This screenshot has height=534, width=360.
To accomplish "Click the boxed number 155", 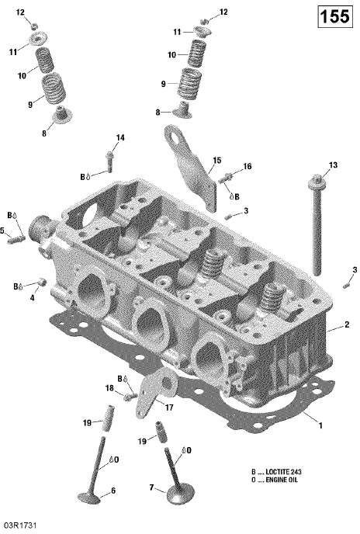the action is tap(334, 16).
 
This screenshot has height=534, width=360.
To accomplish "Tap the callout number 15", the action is tap(217, 161).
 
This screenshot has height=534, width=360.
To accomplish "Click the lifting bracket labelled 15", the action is tap(192, 168).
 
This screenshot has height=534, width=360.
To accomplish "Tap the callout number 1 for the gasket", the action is tap(320, 425).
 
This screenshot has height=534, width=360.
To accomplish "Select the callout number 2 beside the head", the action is tap(347, 324).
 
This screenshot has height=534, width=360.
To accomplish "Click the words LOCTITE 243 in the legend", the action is tap(283, 472).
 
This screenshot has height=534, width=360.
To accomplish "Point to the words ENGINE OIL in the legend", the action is tap(282, 480).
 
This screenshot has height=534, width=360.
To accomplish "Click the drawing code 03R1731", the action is tap(19, 525).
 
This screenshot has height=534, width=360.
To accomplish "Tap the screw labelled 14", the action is tap(109, 161).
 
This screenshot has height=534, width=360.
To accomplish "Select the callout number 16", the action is tap(247, 166).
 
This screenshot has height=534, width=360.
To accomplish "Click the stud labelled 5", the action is tap(16, 239).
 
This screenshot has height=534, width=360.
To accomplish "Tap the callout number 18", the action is tap(109, 388).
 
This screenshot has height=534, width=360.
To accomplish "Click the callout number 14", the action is tap(120, 137).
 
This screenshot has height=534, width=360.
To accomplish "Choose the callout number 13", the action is tap(333, 165).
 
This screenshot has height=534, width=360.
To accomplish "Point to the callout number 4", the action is tap(33, 298).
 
